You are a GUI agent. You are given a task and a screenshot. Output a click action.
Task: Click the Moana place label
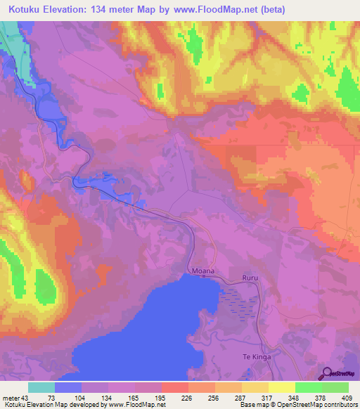[202, 270]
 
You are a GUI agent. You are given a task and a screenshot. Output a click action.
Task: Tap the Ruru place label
[250, 279]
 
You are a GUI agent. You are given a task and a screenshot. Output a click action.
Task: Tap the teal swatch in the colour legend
[41, 388]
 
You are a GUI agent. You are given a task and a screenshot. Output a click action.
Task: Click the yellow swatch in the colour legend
[281, 388]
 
